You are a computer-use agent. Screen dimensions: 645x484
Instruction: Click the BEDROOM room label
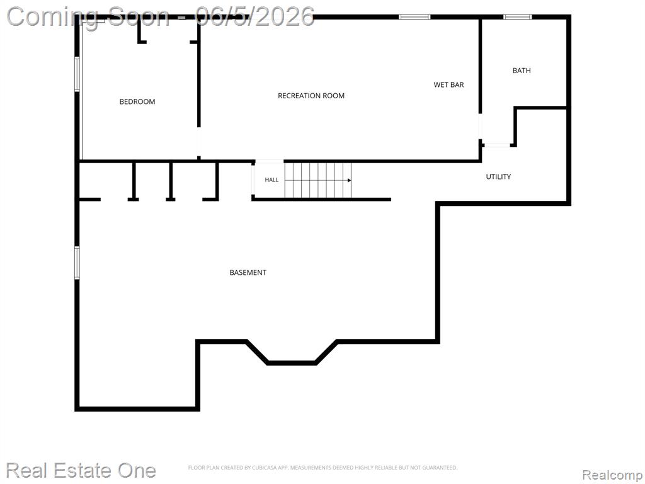point(137,101)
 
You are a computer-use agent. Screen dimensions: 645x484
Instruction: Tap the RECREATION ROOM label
point(311,96)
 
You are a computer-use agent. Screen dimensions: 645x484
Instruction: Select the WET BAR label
point(448,85)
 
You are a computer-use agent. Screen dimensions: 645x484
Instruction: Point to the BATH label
point(521,71)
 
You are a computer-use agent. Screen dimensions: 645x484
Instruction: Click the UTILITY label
point(498,176)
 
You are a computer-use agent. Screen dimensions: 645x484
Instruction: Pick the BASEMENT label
point(248,272)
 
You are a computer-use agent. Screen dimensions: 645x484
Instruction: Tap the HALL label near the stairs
point(271,180)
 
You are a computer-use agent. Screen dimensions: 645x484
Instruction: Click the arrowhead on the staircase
point(349,180)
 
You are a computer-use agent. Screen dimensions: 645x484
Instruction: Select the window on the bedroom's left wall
point(77,74)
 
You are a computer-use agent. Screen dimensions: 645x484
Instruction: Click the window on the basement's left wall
point(77,263)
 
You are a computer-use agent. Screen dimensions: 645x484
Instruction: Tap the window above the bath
point(518,17)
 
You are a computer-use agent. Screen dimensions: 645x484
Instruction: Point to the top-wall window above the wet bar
point(414,17)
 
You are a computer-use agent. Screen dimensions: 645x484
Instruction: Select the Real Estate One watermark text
point(81,470)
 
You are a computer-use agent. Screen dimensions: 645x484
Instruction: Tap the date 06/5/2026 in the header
point(255,16)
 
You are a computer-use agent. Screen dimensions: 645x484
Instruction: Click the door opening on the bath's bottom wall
point(496,145)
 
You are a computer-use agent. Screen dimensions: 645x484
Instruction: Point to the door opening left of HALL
point(253,180)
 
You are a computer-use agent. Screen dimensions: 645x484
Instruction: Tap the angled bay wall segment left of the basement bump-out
point(257,352)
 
